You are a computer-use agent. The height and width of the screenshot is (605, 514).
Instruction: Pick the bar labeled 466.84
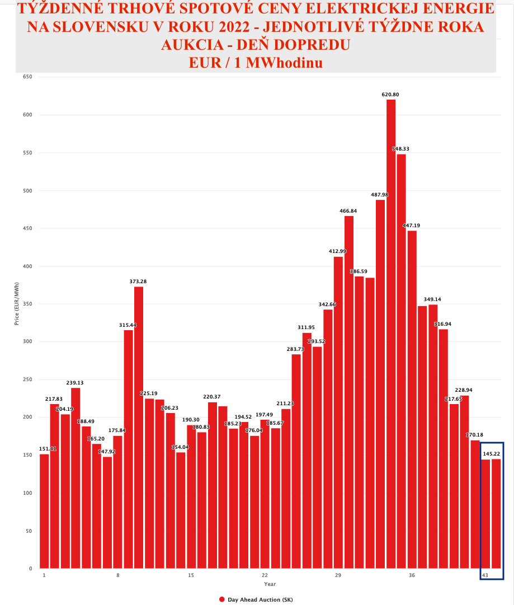(349, 392)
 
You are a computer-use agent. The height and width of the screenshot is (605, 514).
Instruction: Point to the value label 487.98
(380, 195)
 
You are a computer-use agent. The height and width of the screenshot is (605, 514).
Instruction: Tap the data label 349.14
(433, 299)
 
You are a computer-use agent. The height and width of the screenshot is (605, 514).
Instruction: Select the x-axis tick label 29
(338, 576)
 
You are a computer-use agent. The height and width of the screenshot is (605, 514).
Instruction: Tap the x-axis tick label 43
(485, 576)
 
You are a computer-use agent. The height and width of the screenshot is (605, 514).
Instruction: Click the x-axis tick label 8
(118, 576)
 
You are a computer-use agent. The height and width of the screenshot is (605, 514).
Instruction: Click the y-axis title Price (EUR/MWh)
(17, 307)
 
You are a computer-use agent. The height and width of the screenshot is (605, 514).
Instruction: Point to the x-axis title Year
(270, 584)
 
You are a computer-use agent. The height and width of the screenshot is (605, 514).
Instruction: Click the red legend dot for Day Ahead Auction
(222, 599)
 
